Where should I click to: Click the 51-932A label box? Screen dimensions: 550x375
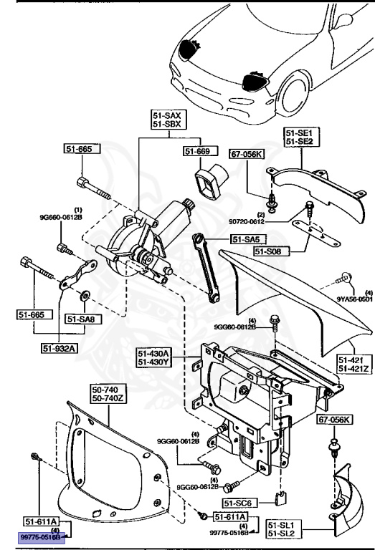tap(60, 349)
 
